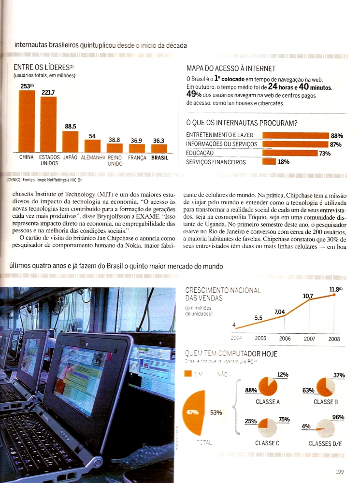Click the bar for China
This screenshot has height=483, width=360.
27,121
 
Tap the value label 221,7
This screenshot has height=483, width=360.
48,92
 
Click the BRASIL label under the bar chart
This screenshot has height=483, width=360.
159,157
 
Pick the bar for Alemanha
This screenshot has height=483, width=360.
92,146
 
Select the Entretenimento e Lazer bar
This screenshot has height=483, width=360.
295,136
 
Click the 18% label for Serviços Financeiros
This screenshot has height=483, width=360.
284,162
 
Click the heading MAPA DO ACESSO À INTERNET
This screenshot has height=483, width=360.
231,69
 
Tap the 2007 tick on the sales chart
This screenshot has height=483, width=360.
309,339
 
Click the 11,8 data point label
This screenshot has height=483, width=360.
335,290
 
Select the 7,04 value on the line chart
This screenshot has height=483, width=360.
280,312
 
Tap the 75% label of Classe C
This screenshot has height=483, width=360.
284,419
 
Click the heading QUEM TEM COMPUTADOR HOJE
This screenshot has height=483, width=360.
231,354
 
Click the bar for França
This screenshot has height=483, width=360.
137,148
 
